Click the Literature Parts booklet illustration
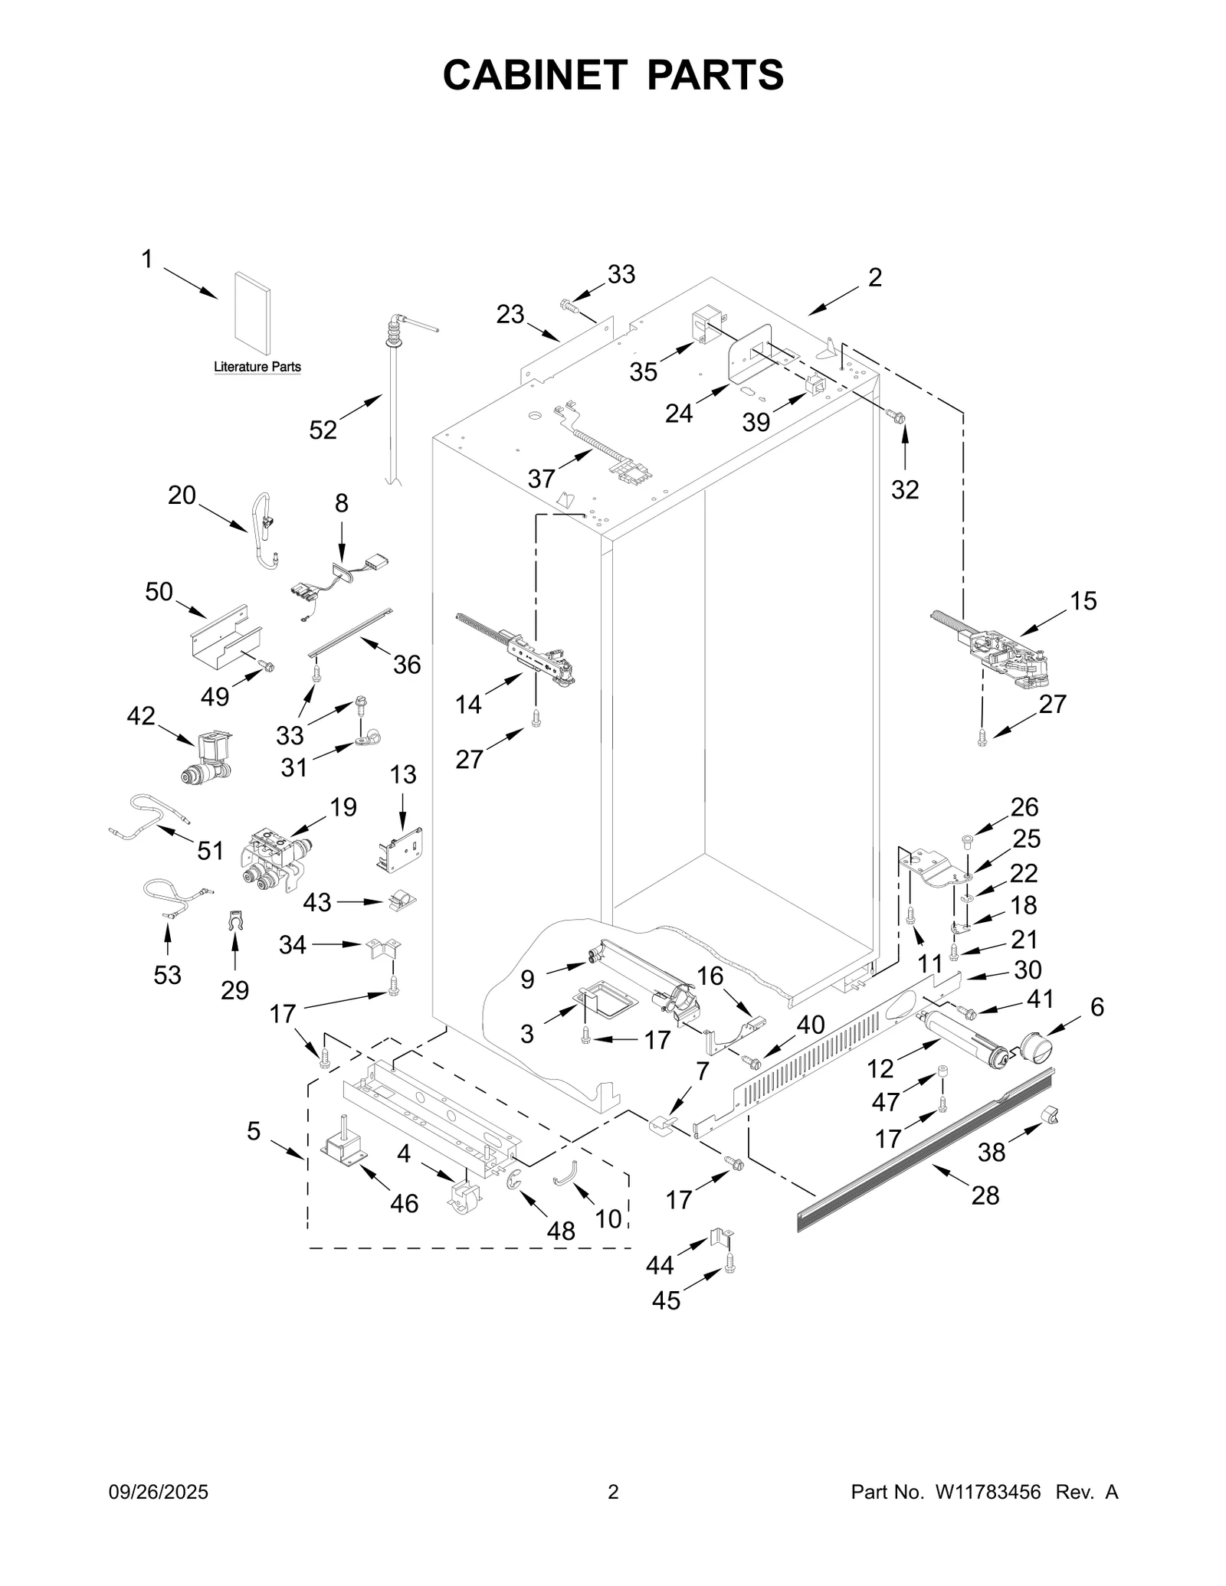pos(252,315)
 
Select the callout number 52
pos(323,430)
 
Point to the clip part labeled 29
pos(234,921)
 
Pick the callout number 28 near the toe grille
pos(985,1195)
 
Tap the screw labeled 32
pos(895,417)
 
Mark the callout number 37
pos(541,479)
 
